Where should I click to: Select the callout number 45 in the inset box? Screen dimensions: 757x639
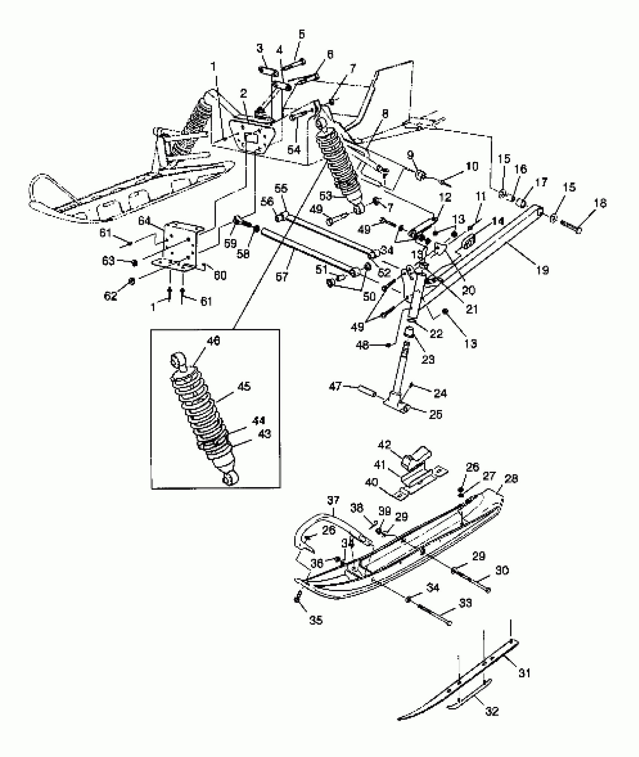244,386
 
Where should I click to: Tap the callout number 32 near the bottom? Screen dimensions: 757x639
492,712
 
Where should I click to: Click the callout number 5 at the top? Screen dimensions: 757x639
302,34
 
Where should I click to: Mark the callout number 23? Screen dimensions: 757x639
428,359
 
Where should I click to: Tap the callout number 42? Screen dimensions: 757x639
385,444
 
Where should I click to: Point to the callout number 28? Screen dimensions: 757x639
512,478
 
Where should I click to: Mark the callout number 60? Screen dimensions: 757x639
220,276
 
